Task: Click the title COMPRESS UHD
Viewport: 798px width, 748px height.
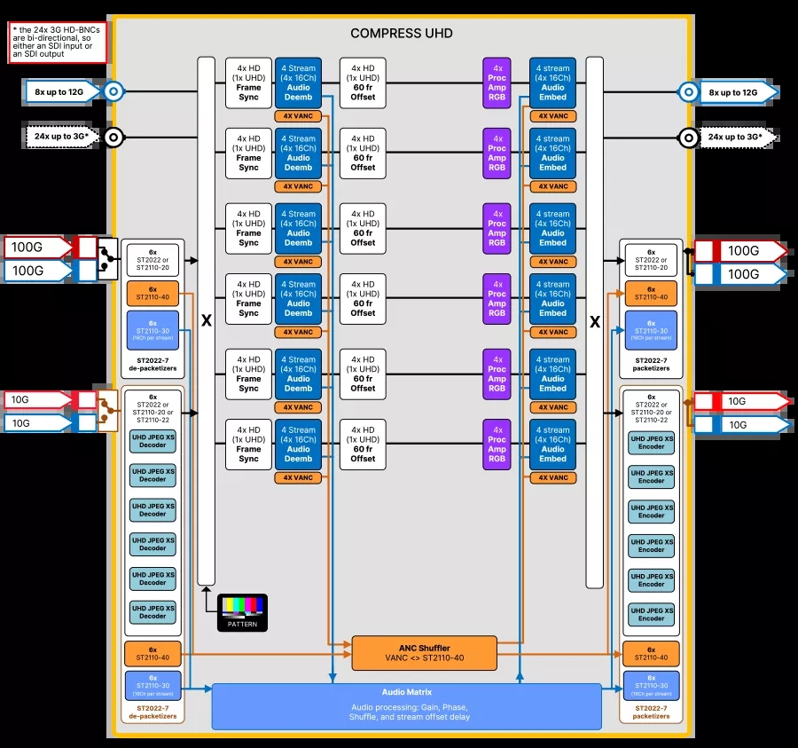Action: coord(401,34)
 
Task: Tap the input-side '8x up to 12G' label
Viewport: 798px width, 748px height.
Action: coord(59,91)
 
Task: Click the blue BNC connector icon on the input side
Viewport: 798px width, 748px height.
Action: coord(112,91)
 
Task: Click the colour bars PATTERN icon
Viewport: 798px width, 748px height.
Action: coord(242,611)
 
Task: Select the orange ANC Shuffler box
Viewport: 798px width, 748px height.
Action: coord(424,653)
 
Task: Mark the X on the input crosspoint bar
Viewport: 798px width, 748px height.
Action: coord(206,321)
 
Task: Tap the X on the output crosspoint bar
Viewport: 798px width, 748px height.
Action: coord(594,321)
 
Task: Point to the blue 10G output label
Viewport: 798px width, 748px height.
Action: coord(743,425)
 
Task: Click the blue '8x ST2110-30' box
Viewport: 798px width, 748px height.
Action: coord(153,330)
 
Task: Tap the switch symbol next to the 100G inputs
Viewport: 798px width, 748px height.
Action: coord(107,258)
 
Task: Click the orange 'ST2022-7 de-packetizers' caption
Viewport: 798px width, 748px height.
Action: coord(153,712)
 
